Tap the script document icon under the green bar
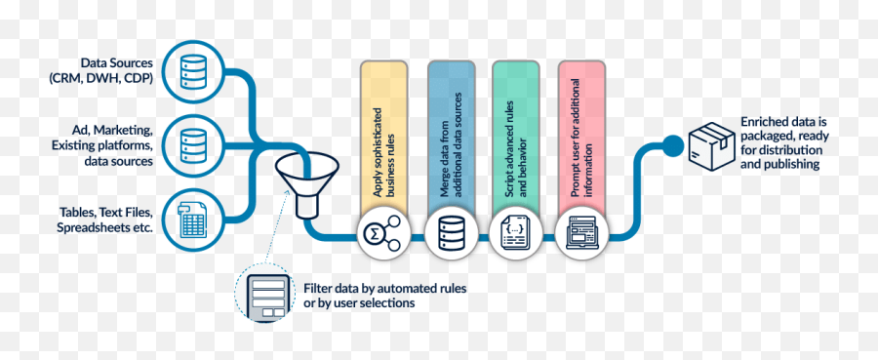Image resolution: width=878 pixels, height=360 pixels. [x=515, y=234]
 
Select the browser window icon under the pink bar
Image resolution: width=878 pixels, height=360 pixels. [x=581, y=234]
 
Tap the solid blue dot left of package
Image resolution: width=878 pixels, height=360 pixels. [x=672, y=145]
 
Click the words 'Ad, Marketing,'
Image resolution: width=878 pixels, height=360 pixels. [x=112, y=130]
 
